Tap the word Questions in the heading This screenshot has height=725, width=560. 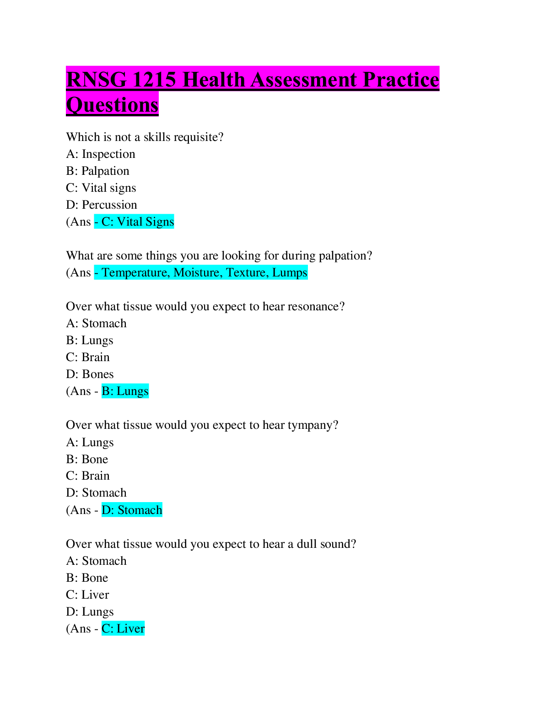click(112, 105)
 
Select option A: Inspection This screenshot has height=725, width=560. click(101, 154)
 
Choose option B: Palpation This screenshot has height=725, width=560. click(97, 171)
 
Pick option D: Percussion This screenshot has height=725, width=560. click(101, 205)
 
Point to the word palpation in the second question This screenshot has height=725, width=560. click(345, 255)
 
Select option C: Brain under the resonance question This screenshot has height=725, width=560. click(88, 357)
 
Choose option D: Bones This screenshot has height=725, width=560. click(90, 374)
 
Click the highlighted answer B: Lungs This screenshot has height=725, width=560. click(125, 391)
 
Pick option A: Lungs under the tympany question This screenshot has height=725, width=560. click(90, 442)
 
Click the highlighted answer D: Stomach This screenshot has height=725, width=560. click(132, 510)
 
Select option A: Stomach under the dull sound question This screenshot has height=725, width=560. click(96, 561)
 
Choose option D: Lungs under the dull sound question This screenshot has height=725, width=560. click(90, 611)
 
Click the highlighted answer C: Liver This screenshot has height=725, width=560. click(123, 628)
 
